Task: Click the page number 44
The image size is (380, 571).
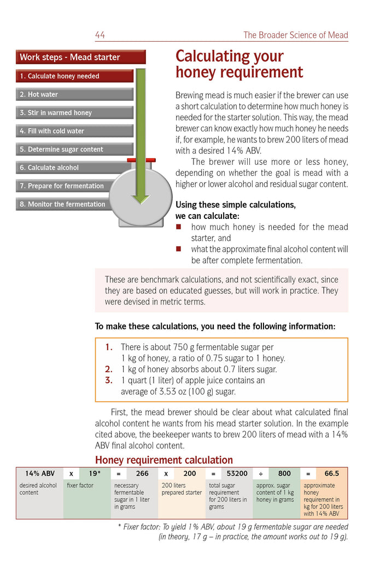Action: click(100, 35)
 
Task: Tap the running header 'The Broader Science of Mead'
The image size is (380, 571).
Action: click(295, 35)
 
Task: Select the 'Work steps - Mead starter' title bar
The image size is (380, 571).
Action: click(81, 57)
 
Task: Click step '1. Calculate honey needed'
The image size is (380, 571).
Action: click(74, 76)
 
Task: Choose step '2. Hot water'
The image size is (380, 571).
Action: click(74, 94)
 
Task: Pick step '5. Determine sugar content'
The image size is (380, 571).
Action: click(74, 149)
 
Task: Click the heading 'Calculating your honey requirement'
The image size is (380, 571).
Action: click(239, 64)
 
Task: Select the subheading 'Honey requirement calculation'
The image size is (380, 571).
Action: click(164, 460)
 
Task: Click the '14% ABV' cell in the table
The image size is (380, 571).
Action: click(40, 474)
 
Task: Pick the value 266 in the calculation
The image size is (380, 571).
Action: click(142, 474)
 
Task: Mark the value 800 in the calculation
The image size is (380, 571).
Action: click(284, 474)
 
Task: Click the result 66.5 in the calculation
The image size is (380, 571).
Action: click(331, 474)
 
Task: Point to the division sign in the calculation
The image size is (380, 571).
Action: click(261, 474)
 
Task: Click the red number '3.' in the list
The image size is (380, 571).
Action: click(109, 380)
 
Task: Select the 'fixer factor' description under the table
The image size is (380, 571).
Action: click(80, 486)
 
